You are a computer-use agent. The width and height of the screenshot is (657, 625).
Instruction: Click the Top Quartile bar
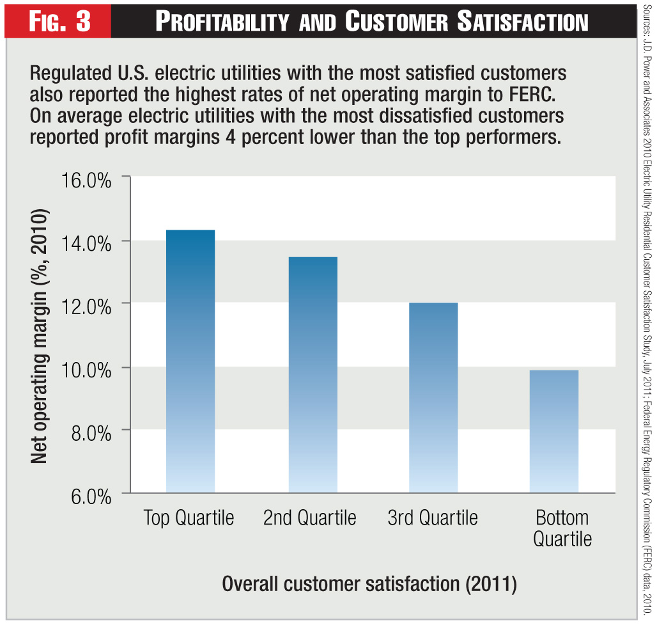point(189,361)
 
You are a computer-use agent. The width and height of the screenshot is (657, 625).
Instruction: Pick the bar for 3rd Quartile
point(433,397)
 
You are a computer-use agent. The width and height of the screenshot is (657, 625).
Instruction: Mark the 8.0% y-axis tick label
point(89,432)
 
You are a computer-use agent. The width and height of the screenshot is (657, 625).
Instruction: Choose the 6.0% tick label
point(89,495)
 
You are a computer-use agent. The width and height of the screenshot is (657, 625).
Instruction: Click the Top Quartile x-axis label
point(189,518)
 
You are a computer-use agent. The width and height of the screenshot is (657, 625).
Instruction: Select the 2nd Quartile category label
point(310,518)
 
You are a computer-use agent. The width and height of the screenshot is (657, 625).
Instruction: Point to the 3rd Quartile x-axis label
point(433,518)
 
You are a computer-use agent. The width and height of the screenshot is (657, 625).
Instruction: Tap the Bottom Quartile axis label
point(562,528)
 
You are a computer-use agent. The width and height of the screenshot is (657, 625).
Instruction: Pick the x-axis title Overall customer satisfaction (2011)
point(369,583)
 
